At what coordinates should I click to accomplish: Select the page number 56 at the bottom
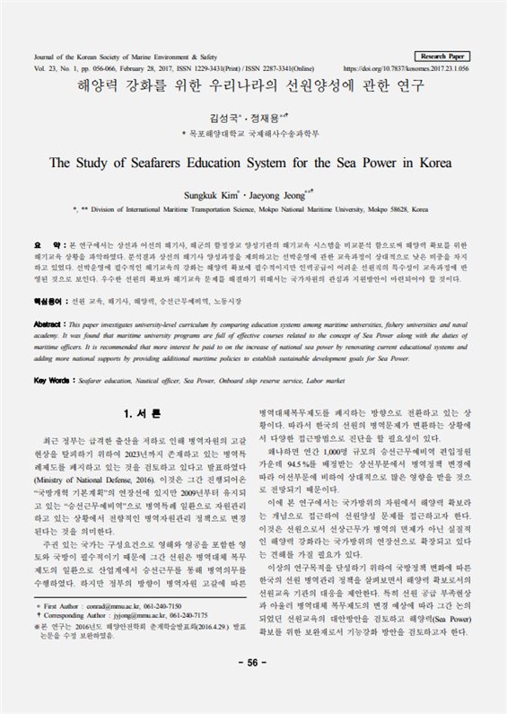pos(253,687)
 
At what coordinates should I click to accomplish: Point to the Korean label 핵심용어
pos(50,303)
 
